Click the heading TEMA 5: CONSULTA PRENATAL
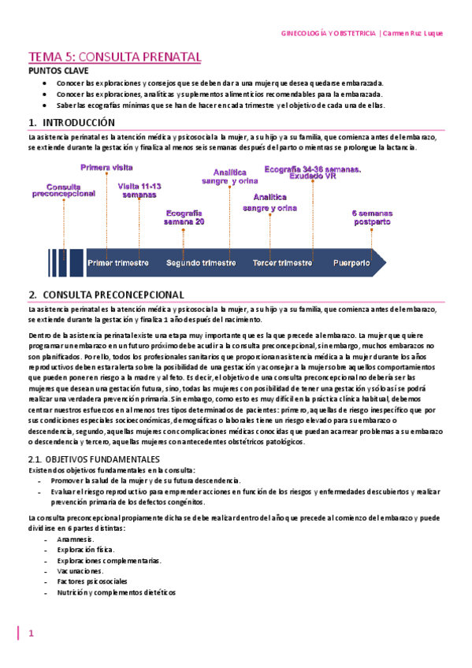pos(115,57)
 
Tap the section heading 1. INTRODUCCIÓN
pos(72,123)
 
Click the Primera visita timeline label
pos(106,168)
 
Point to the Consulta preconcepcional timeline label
pos(65,190)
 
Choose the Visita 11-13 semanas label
pos(139,190)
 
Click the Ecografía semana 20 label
pos(184,217)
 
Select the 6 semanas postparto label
pos(370,217)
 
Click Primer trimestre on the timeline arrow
pos(117,262)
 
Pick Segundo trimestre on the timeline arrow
pos(201,262)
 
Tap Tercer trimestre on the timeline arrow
pos(282,262)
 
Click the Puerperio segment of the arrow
pos(351,262)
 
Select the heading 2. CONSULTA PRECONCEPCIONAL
pos(106,295)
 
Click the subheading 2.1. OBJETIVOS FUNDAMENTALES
pos(94,458)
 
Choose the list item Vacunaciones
pos(80,570)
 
